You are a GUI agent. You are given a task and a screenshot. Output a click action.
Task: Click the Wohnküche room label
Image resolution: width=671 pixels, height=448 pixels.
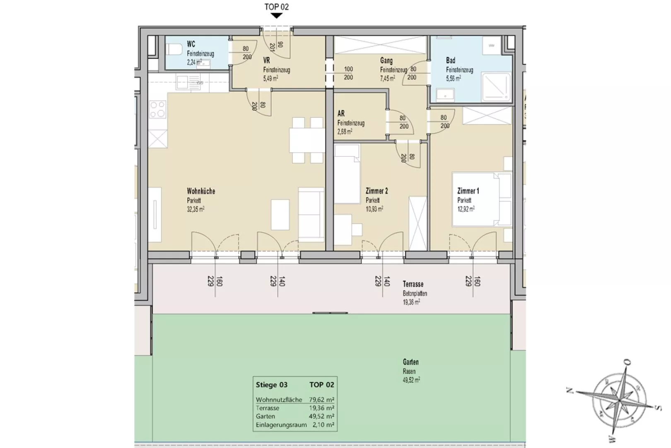click(x=201, y=191)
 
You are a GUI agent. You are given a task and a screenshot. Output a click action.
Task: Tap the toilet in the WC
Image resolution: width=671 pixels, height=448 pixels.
click(x=174, y=49)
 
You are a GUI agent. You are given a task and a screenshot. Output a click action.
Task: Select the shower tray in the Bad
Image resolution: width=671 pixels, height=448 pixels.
click(x=496, y=87)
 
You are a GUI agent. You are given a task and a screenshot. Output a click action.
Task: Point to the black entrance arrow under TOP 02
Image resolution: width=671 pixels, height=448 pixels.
click(x=276, y=15)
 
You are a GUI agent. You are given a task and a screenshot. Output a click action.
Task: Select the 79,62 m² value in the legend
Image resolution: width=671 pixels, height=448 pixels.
click(x=321, y=400)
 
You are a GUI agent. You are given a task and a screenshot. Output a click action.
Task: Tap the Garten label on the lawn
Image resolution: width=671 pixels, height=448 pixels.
click(x=410, y=362)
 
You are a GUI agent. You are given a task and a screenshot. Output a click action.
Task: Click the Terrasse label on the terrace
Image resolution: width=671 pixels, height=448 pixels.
click(x=413, y=284)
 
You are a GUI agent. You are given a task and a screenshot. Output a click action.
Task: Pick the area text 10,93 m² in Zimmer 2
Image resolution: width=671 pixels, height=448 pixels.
click(x=374, y=209)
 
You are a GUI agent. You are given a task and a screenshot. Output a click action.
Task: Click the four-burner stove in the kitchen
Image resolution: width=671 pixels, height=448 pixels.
click(x=157, y=109)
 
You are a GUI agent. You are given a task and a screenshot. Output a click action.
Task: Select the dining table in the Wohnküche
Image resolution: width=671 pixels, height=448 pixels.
click(x=307, y=140)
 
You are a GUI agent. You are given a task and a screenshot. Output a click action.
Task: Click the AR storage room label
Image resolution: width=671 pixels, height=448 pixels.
click(x=341, y=113)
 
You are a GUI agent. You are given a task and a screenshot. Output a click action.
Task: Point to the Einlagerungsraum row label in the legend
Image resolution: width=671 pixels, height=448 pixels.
click(x=281, y=425)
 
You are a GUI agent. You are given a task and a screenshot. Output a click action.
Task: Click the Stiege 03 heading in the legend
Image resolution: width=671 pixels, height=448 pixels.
click(x=271, y=385)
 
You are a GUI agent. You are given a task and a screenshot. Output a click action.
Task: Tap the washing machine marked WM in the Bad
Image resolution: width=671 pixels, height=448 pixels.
click(x=491, y=46)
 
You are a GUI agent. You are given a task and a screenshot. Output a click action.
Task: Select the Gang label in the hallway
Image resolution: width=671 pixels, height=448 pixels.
click(x=386, y=61)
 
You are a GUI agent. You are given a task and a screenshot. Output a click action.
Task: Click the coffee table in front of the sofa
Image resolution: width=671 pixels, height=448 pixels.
click(x=280, y=214)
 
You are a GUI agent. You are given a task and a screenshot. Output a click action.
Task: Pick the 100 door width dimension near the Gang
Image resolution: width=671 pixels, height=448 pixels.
click(x=348, y=69)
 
